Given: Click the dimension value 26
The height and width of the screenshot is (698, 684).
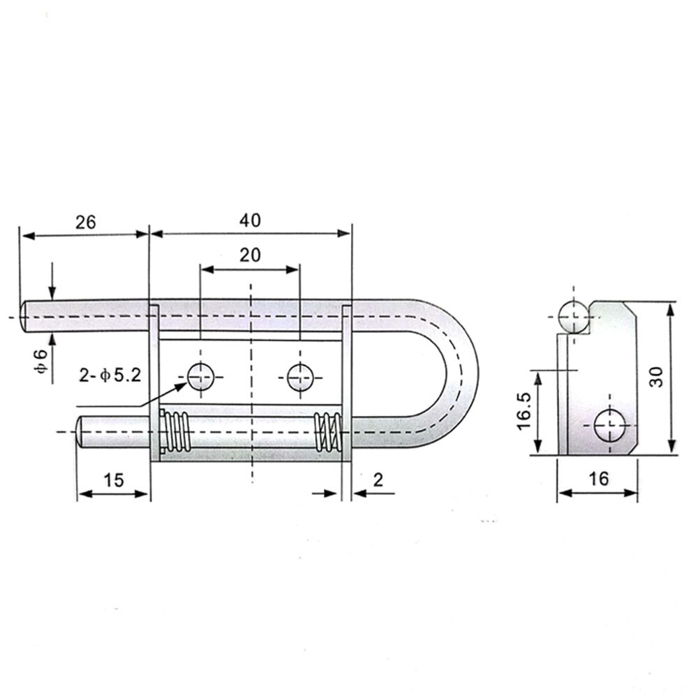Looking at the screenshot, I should click(85, 222).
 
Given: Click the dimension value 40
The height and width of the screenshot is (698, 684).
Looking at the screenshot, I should click(249, 221).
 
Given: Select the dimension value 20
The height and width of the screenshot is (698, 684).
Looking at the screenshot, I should click(249, 255).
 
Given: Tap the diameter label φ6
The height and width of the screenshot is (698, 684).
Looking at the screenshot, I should click(41, 364).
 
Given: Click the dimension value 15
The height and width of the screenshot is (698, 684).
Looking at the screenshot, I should click(113, 480).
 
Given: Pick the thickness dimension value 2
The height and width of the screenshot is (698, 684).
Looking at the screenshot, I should click(378, 480).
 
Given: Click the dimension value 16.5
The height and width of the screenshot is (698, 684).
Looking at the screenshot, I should click(526, 412).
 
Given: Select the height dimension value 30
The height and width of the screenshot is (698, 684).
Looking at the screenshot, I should click(655, 378).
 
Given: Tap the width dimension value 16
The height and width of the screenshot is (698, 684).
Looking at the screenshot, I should click(598, 479).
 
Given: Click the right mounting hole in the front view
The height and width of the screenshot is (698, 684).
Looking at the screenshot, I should click(300, 377).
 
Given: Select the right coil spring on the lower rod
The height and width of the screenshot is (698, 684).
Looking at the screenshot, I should click(327, 432).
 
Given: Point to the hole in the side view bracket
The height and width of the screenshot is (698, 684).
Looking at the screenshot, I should click(609, 426).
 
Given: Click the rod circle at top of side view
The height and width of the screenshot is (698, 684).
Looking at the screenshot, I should click(573, 316).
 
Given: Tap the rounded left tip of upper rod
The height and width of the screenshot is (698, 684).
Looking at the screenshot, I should click(26, 316).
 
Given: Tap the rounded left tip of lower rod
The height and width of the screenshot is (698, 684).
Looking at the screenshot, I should click(82, 432).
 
